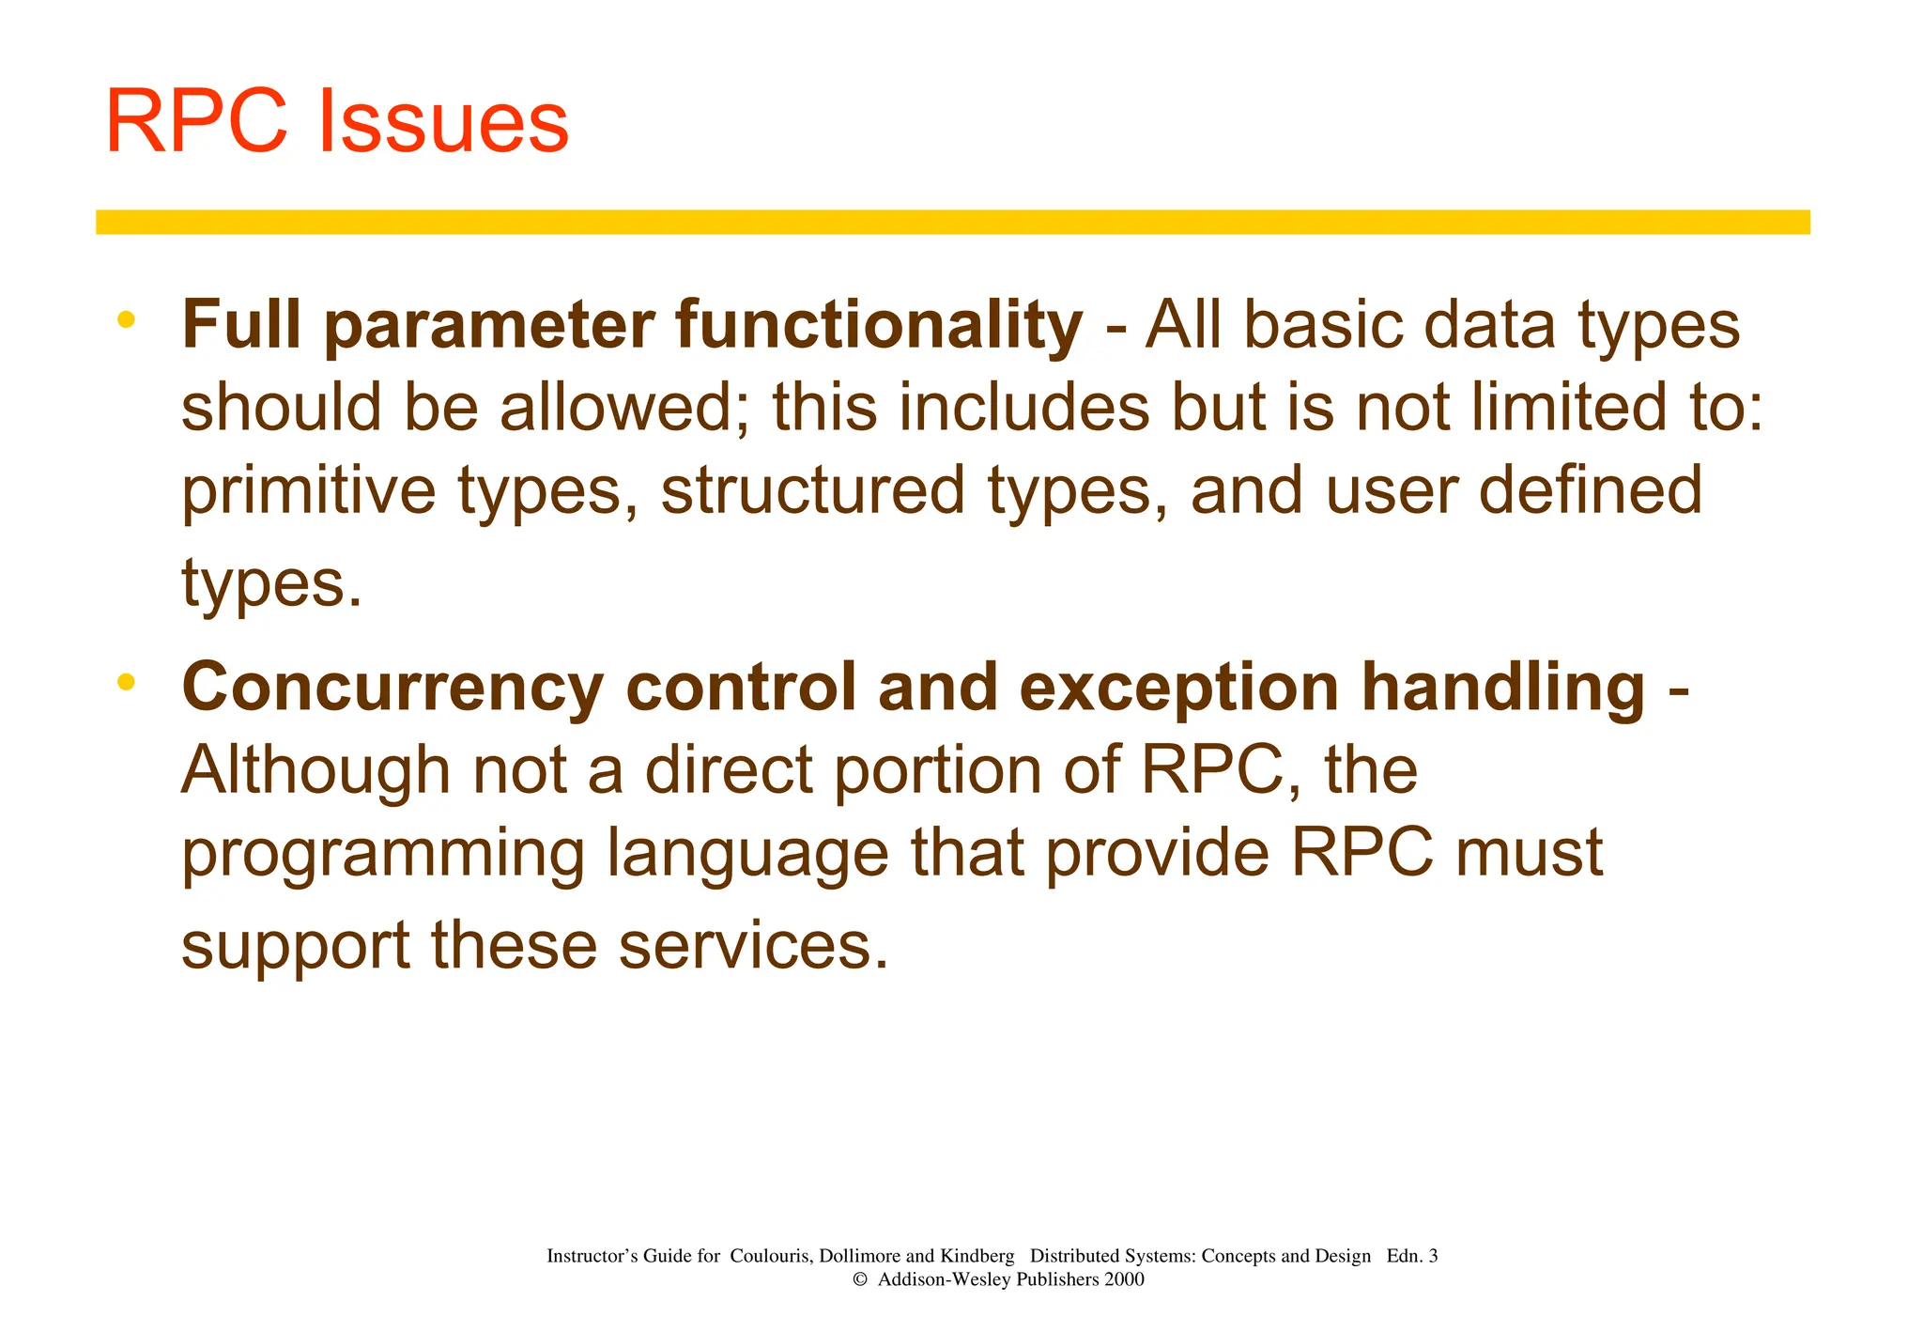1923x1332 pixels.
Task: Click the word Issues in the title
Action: [443, 122]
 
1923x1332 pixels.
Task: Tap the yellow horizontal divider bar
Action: [952, 222]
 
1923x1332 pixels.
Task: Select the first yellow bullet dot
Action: [126, 320]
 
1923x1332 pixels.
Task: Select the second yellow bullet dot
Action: [126, 682]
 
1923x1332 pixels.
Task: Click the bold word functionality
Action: [879, 325]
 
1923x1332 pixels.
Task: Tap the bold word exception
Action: [1178, 689]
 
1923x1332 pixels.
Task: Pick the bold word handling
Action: [1503, 689]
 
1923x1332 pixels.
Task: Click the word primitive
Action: [308, 492]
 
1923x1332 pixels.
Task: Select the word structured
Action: [813, 492]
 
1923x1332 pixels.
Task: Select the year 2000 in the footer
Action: [1124, 1279]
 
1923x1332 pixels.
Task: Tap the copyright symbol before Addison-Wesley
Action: [859, 1279]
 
